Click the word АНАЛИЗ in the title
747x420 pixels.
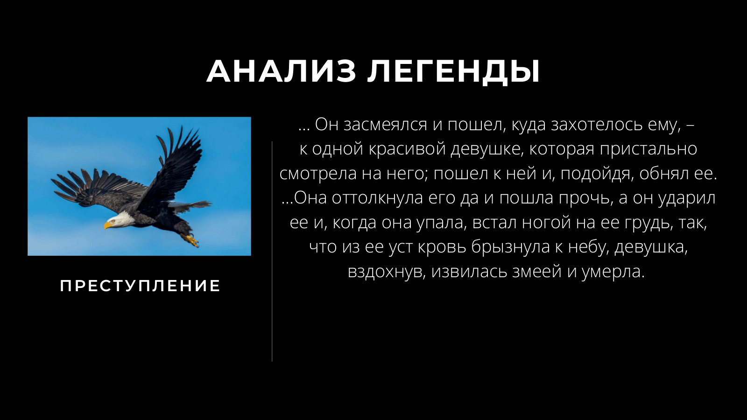click(282, 72)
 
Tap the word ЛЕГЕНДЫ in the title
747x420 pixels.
click(453, 72)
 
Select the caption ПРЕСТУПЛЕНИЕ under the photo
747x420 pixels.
click(140, 286)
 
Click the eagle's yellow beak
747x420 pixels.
click(108, 225)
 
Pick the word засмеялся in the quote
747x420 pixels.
click(385, 125)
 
